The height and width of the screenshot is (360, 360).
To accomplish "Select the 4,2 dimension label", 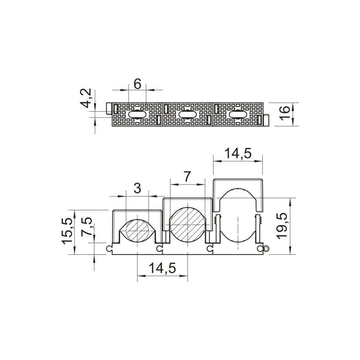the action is pos(87,98).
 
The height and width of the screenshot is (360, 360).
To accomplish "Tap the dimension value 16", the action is pos(285,112).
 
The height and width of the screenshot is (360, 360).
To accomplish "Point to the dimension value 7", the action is pos(187,177).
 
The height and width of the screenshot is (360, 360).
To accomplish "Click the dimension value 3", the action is pos(137,189).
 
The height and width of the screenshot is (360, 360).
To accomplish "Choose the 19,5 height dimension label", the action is pos(282,226).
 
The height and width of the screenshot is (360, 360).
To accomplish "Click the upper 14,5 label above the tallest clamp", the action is pos(238,154).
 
